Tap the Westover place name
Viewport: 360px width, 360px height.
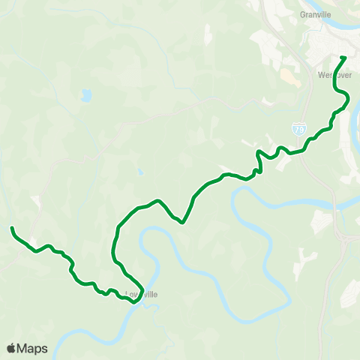(330, 76)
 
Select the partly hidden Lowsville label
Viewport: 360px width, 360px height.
(142, 294)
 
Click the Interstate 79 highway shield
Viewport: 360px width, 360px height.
(299, 130)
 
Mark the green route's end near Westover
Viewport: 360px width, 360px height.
(343, 58)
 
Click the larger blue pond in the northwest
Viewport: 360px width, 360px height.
(86, 96)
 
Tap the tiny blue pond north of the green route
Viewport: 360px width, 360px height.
(139, 172)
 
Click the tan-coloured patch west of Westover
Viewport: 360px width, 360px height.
(286, 76)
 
